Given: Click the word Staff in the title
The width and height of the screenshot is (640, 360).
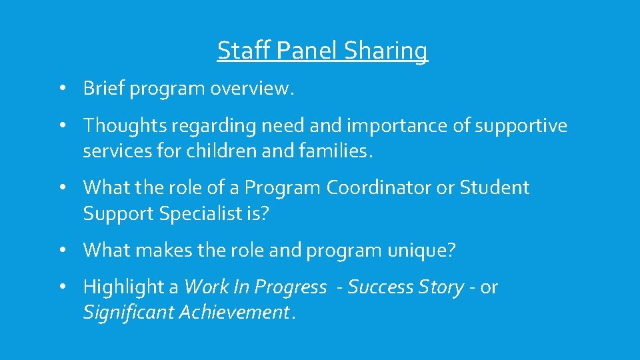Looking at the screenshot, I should (241, 50).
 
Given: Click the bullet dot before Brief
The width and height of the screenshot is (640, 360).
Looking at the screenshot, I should (61, 89).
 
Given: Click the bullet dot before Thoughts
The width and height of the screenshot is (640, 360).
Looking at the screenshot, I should (61, 125).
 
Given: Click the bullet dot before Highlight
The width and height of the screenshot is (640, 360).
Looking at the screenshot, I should (61, 287).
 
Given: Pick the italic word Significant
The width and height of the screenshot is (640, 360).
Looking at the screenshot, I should (126, 312).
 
